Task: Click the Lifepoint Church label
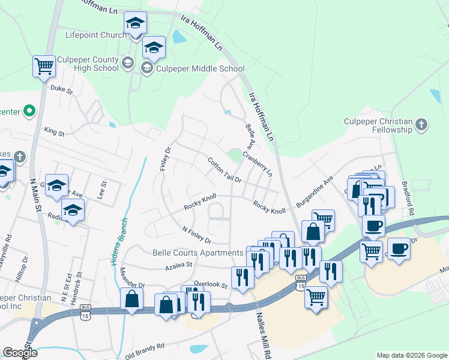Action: tap(96, 35)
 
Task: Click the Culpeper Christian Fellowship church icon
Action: tap(421, 125)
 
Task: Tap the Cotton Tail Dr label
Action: tap(224, 170)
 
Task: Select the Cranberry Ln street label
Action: tap(258, 163)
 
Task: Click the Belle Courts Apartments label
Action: tap(198, 253)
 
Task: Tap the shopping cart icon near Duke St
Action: tap(44, 67)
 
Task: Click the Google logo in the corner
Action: tap(20, 353)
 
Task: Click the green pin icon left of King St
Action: tap(28, 111)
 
